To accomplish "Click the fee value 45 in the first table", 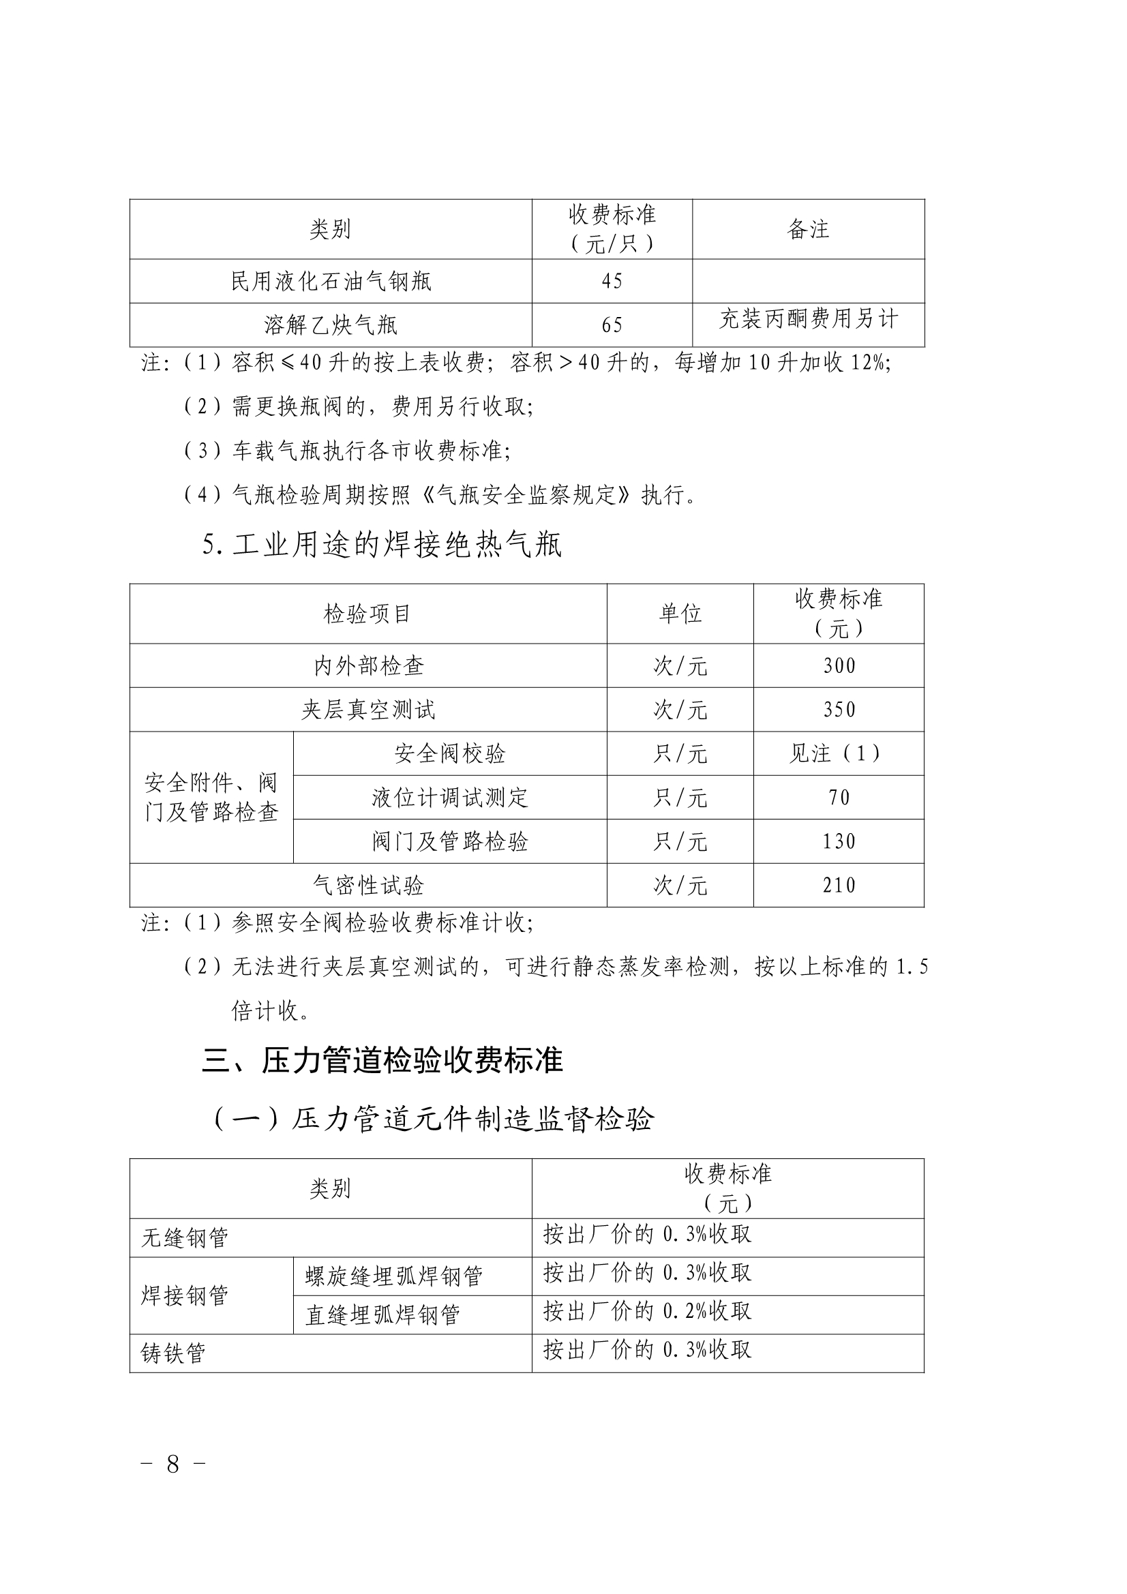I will point(612,281).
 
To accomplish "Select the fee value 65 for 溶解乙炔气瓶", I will point(612,325).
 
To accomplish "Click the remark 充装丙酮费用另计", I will point(809,318).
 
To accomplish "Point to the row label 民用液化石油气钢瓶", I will point(331,281).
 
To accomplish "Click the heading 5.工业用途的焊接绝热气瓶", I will point(382,545).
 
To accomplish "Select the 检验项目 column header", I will point(367,614).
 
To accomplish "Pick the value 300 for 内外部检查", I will point(839,666).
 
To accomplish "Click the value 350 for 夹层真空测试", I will point(839,710).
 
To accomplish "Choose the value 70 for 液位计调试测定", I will point(839,797).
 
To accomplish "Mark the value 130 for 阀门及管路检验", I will point(839,841).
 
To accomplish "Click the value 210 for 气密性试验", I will point(839,885).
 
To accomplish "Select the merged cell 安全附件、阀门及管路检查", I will point(211,797).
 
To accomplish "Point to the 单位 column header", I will point(680,614).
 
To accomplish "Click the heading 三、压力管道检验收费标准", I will point(382,1061).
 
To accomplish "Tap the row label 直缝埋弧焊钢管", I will point(382,1314).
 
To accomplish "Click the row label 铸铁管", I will point(173,1353).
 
